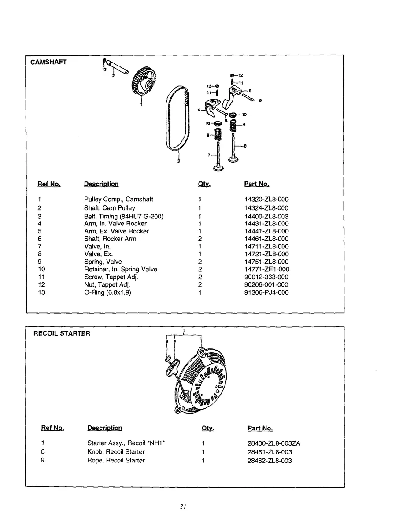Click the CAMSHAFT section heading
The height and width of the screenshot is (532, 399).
(x=48, y=62)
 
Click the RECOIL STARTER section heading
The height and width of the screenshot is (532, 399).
(x=62, y=333)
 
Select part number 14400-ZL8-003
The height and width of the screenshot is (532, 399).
(x=266, y=216)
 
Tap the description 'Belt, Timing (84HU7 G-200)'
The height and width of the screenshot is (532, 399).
(x=124, y=216)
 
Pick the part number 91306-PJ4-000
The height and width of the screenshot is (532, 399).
(x=266, y=292)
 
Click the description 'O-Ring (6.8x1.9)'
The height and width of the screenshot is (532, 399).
(x=107, y=292)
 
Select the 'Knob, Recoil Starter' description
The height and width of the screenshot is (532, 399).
(x=116, y=451)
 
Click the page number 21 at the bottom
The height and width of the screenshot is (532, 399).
(x=184, y=506)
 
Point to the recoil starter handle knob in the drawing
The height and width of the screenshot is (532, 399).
(x=173, y=367)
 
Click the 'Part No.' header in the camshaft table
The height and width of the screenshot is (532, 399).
(x=256, y=184)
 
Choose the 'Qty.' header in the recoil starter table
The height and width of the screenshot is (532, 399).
(x=207, y=428)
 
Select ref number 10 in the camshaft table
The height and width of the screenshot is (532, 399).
(x=42, y=269)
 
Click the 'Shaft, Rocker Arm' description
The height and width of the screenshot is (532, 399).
(x=110, y=239)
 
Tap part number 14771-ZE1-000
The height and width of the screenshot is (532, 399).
(x=266, y=269)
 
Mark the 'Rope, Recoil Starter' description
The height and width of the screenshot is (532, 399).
(x=116, y=460)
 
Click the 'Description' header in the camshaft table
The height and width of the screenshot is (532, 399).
(x=101, y=184)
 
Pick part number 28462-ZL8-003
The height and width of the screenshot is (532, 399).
(x=270, y=461)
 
